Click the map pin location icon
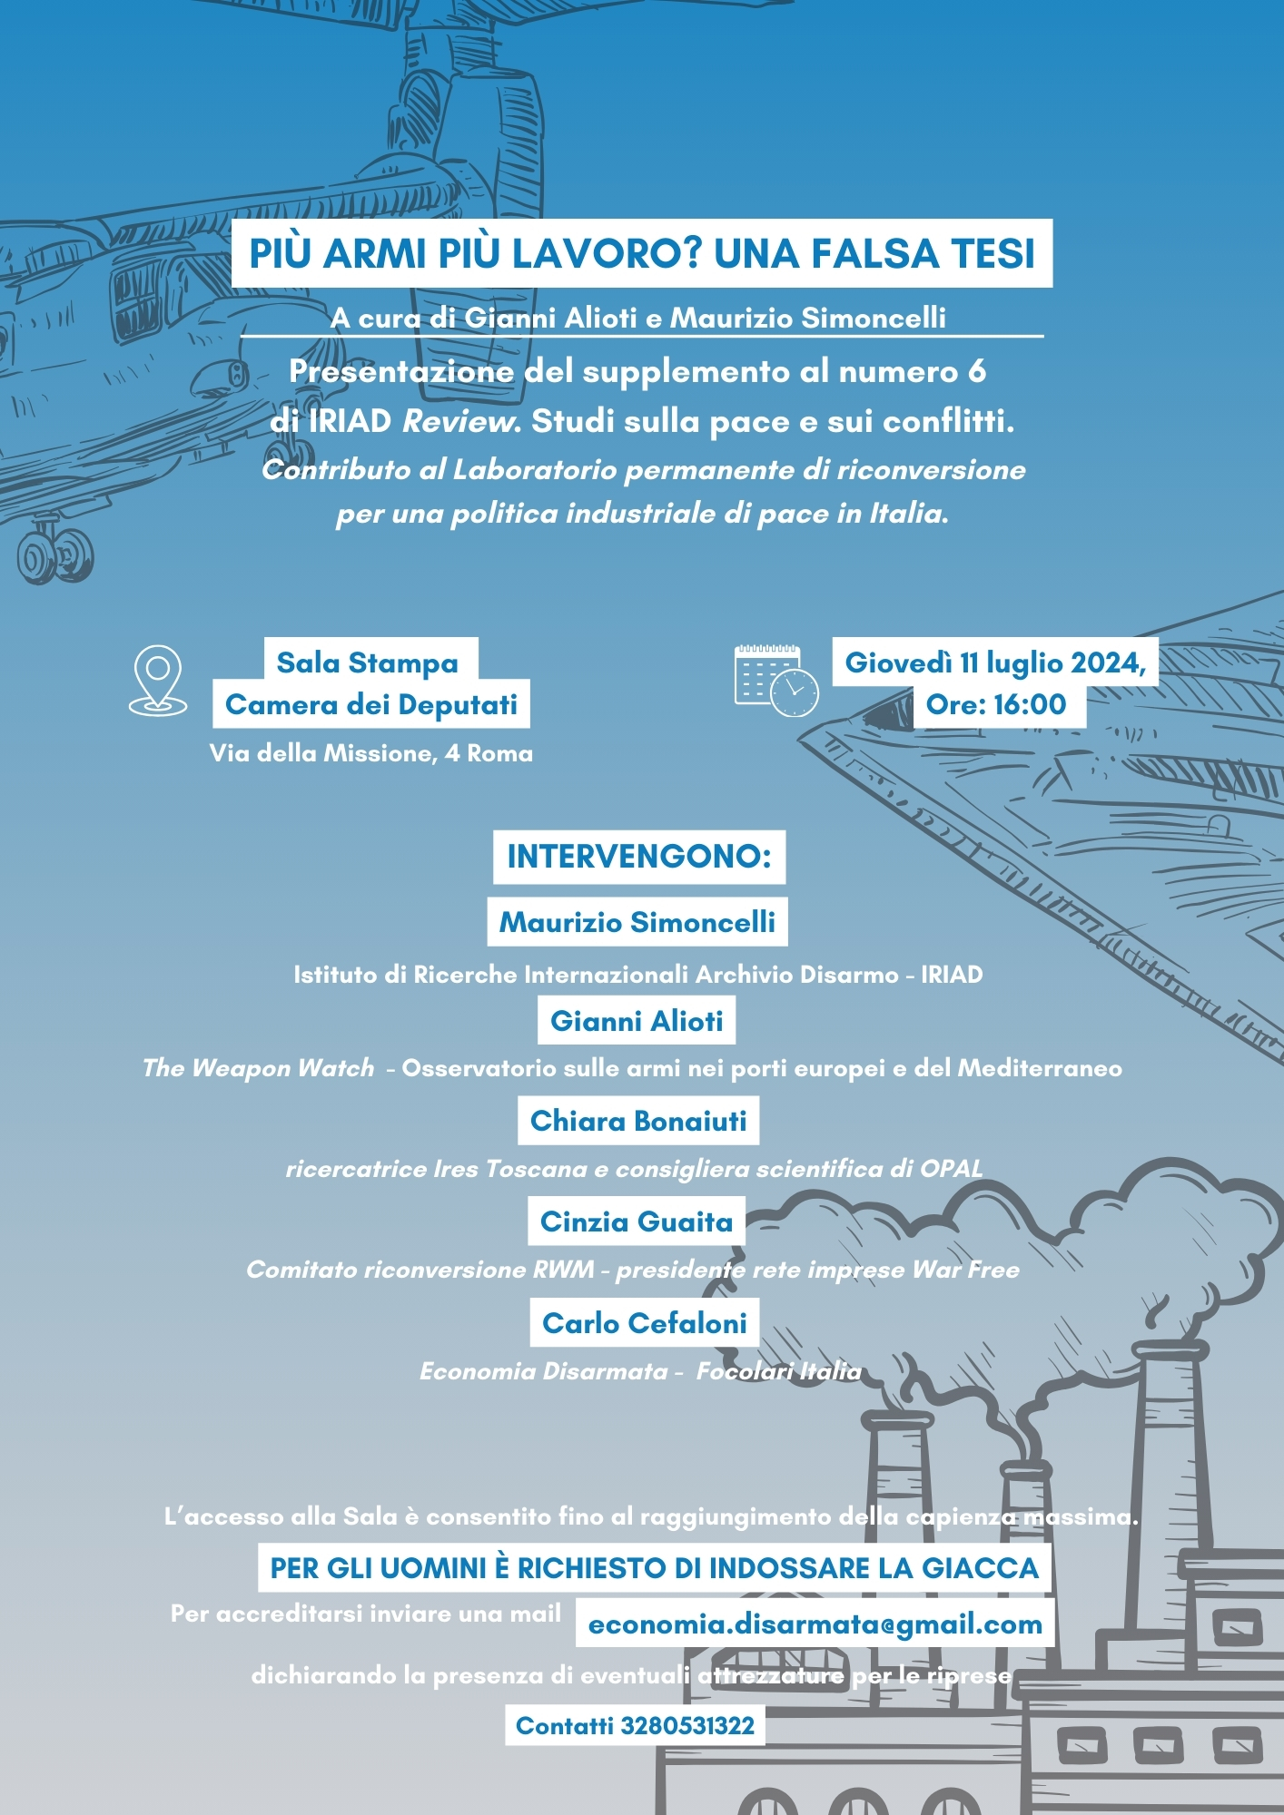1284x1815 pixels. [158, 680]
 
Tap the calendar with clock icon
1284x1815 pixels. [776, 680]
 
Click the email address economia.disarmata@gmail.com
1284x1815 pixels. [815, 1624]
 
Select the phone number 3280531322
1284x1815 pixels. [687, 1725]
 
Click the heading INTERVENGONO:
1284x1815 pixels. [639, 856]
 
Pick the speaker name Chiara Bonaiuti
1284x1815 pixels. [638, 1121]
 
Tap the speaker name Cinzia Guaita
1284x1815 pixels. [637, 1221]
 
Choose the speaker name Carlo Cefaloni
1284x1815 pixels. [645, 1323]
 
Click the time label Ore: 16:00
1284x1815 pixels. [996, 704]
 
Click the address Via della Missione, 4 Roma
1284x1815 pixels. [371, 753]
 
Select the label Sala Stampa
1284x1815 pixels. [368, 662]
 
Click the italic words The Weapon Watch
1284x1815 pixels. [258, 1068]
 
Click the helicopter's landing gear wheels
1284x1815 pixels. [55, 553]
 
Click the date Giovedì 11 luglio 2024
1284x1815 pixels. [995, 662]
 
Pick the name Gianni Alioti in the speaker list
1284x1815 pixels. [637, 1021]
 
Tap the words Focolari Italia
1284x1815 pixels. [779, 1371]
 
